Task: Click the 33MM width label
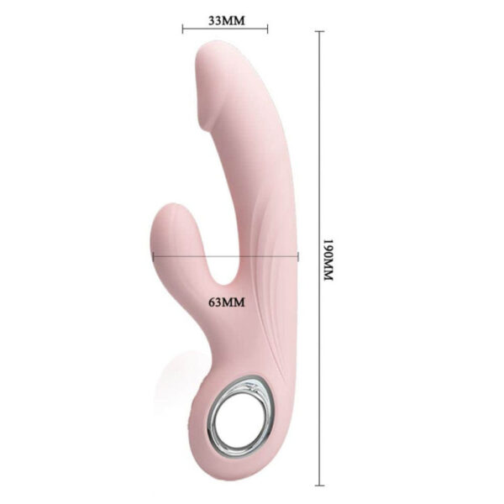[x=225, y=19]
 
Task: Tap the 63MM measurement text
[x=226, y=300]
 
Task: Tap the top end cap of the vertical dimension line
[x=319, y=31]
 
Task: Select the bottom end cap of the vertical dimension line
[x=319, y=485]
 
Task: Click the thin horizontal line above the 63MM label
[x=226, y=259]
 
